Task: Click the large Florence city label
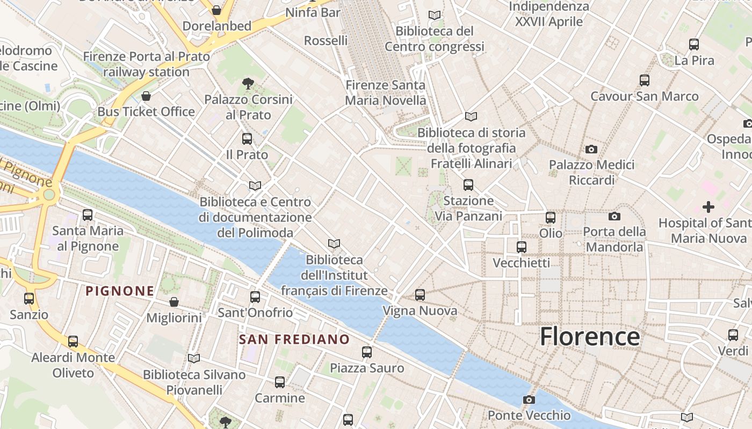click(589, 337)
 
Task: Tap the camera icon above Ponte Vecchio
click(529, 400)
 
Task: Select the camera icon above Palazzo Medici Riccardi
click(591, 149)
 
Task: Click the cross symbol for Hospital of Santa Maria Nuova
click(708, 206)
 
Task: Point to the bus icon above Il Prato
click(247, 139)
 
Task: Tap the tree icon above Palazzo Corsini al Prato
click(248, 83)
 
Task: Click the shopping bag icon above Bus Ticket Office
click(146, 96)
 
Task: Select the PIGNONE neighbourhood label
click(120, 291)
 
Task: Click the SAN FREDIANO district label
click(294, 339)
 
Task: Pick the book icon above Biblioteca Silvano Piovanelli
click(194, 358)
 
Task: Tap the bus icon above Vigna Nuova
click(420, 295)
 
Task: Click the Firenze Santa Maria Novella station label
click(385, 93)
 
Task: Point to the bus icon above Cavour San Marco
click(645, 80)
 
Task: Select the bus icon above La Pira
click(694, 45)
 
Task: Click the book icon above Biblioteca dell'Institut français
click(334, 244)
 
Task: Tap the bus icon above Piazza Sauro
click(367, 352)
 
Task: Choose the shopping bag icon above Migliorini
click(173, 302)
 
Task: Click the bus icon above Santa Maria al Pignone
click(88, 215)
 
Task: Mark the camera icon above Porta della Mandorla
click(614, 216)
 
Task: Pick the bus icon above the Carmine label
click(280, 382)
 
